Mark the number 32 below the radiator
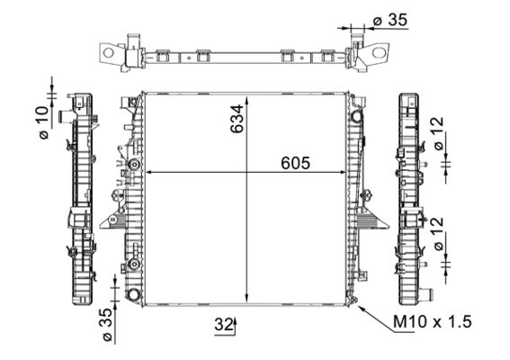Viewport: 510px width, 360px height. [221, 325]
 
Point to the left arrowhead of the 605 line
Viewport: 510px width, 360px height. [148, 172]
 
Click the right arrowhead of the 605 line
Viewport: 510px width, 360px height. [350, 172]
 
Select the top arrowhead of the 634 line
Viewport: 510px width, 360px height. [247, 95]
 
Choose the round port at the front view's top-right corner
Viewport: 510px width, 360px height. [358, 116]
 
